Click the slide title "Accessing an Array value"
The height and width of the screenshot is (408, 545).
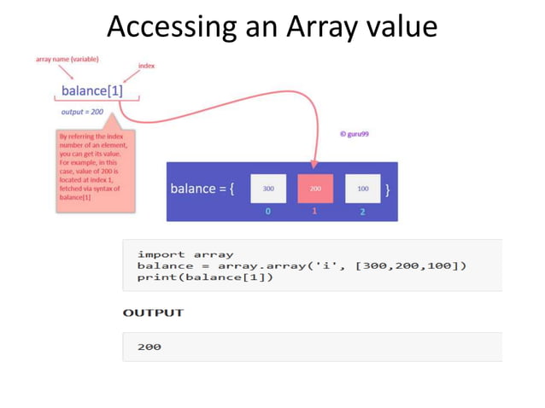[272, 26]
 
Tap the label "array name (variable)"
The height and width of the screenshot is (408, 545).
[67, 59]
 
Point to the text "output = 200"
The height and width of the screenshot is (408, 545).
[83, 112]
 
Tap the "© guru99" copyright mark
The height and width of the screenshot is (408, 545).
[354, 134]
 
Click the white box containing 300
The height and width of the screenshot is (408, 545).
[268, 188]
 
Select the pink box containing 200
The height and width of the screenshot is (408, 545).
[315, 188]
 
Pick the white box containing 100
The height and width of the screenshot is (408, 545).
[362, 188]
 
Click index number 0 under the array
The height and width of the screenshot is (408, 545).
[268, 212]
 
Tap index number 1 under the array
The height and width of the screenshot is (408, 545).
[314, 212]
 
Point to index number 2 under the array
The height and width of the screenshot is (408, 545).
[362, 212]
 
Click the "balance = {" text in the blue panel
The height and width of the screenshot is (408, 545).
[203, 189]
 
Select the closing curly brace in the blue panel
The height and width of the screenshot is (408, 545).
[389, 189]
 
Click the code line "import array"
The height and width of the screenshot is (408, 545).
[185, 254]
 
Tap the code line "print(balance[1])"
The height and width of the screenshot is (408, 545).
[205, 278]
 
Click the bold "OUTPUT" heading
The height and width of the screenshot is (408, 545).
[153, 312]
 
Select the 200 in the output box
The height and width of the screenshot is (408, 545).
[149, 347]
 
